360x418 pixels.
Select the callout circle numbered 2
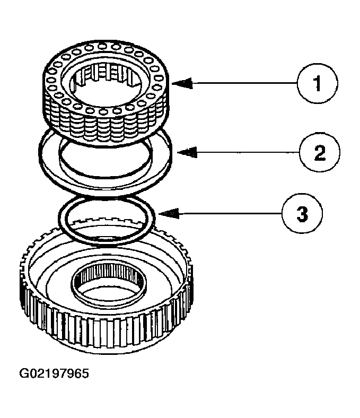tap(319, 153)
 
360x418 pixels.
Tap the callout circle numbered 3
tap(302, 214)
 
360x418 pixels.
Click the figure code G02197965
tap(54, 373)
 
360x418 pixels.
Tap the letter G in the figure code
tap(24, 373)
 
